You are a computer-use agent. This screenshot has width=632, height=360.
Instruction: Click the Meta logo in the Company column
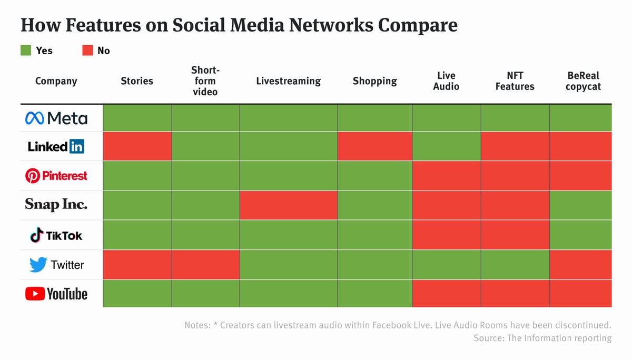(56, 118)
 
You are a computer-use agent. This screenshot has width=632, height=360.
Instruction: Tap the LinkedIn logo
(56, 147)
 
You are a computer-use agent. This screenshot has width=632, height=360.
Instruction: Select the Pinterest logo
(56, 176)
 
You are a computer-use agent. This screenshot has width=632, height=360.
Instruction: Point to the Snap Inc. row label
(56, 204)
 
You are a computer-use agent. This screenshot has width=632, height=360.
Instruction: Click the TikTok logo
(56, 235)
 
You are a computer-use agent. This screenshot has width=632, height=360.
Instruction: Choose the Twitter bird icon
(38, 265)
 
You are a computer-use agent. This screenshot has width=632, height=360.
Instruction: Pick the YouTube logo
(56, 294)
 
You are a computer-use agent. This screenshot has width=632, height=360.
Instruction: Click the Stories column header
(137, 81)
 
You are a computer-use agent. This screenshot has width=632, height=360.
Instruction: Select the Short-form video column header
(205, 81)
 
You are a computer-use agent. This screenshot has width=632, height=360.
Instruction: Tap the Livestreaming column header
(289, 81)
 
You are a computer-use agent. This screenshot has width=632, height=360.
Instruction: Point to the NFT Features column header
(515, 81)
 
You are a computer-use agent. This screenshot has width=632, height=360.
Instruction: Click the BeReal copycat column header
(583, 81)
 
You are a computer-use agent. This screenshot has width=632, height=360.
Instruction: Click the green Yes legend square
(26, 51)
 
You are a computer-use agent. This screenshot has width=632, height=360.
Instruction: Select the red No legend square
(87, 51)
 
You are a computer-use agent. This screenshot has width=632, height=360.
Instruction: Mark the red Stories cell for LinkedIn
(137, 146)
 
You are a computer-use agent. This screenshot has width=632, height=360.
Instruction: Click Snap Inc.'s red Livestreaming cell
(289, 205)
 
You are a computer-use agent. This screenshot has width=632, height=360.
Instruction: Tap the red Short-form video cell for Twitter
(206, 265)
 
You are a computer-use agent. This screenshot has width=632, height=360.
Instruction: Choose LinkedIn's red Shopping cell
(375, 146)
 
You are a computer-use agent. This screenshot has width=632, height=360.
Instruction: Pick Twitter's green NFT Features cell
(515, 265)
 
